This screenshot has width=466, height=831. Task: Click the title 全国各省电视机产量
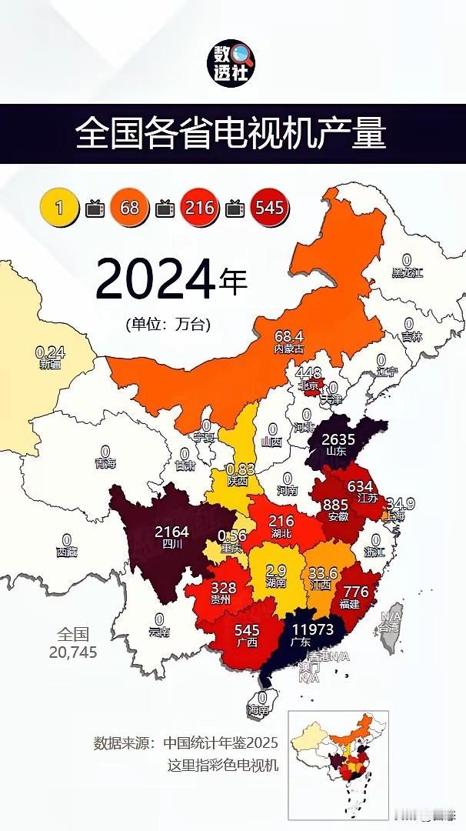231,134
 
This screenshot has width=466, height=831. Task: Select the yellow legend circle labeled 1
58,208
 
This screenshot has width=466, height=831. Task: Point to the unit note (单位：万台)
168,324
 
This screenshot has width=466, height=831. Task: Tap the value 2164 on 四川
172,532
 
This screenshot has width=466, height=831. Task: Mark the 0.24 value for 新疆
50,352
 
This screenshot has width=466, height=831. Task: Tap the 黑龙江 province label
407,272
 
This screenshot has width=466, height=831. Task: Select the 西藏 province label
67,552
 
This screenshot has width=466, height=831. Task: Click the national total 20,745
73,651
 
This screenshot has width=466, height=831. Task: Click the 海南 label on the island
262,709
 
